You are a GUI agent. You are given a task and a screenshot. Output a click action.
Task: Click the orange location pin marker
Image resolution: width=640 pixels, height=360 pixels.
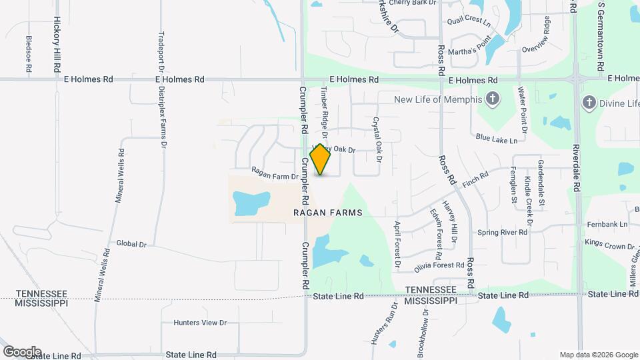tap(321, 160)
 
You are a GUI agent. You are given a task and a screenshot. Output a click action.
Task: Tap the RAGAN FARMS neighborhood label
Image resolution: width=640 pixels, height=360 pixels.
tap(327, 213)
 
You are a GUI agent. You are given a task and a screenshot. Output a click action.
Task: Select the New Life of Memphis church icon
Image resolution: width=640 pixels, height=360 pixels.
tap(492, 100)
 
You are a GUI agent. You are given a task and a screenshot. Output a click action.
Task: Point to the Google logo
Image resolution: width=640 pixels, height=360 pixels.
tap(21, 351)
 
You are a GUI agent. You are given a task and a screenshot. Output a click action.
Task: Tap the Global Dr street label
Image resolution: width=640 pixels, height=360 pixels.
tap(131, 244)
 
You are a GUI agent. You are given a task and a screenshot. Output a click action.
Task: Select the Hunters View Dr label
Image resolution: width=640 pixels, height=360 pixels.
tap(200, 323)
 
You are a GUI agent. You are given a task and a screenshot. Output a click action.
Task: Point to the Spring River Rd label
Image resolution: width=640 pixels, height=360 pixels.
tap(503, 233)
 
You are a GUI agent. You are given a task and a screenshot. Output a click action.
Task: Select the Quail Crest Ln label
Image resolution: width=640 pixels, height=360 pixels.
tap(469, 22)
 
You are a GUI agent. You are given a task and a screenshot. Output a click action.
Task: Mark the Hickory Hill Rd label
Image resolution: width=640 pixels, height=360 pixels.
tap(57, 45)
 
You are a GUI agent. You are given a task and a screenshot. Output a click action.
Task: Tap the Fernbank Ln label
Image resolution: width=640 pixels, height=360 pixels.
tap(607, 224)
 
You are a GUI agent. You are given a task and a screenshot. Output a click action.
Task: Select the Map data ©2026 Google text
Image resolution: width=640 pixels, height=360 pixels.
tap(599, 355)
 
